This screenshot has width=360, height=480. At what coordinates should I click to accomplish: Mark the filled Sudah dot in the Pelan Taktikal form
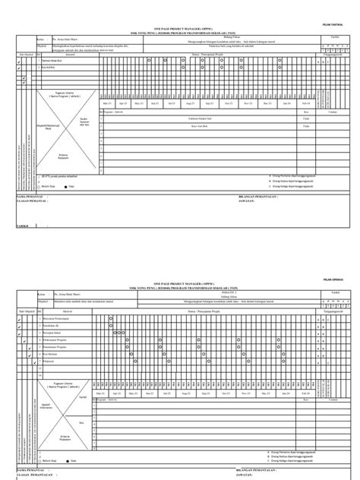point(65,185)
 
